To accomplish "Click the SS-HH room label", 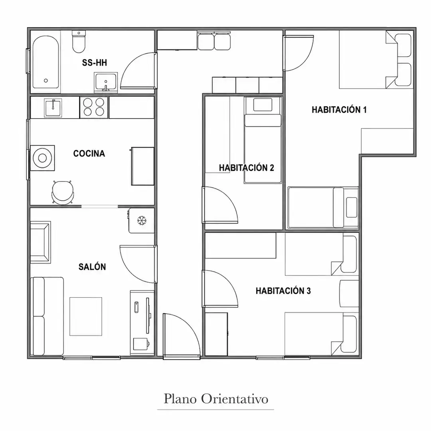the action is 94,63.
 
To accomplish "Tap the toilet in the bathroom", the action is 79,42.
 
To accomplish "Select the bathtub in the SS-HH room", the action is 45,62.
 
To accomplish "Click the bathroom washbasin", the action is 106,82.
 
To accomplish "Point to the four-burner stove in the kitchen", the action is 94,107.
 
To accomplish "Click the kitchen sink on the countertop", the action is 53,107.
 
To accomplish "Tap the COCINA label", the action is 89,153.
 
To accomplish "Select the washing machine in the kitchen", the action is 42,158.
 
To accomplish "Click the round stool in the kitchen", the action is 63,192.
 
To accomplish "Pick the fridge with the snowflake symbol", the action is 141,221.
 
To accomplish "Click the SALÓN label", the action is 92,267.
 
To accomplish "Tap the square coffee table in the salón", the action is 86,316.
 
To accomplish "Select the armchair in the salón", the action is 40,242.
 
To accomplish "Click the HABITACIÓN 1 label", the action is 339,110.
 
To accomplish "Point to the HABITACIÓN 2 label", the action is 247,168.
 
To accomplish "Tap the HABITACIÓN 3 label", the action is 283,291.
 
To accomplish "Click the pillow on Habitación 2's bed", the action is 263,105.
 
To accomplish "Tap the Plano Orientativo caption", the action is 216,399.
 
